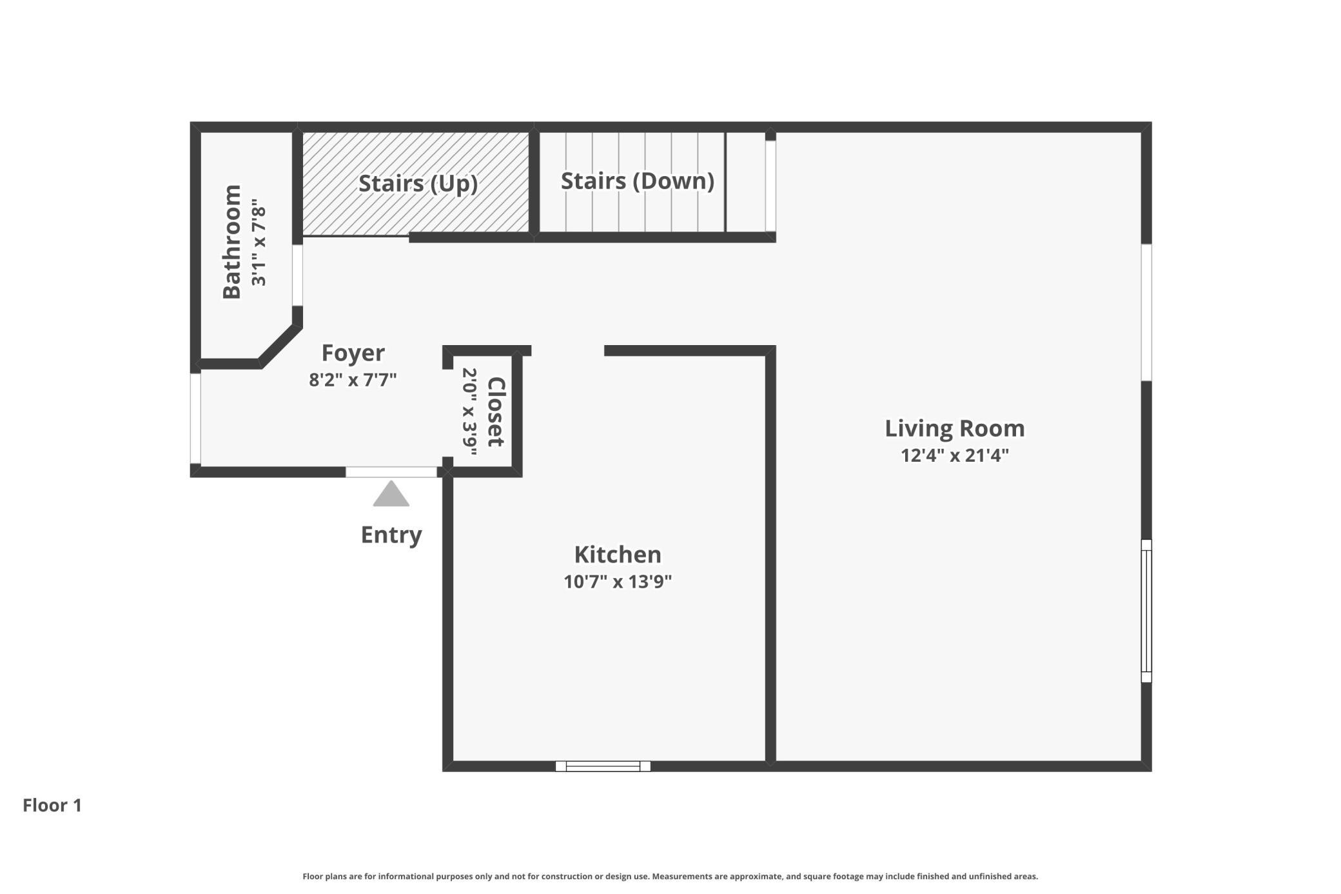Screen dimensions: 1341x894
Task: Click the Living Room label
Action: pos(954,428)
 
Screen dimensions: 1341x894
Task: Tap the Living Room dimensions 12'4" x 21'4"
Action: pos(954,455)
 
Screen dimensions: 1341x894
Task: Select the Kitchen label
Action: pos(618,555)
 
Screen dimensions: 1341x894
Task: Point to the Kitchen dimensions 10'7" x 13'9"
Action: pos(618,582)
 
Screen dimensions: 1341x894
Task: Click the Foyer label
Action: pos(353,353)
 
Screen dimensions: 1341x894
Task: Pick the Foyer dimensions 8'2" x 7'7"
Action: pos(353,379)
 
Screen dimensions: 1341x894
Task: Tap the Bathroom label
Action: pos(231,242)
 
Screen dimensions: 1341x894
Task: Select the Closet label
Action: pos(495,412)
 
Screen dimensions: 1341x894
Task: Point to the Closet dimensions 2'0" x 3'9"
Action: pos(469,412)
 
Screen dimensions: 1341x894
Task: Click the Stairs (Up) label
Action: pos(418,183)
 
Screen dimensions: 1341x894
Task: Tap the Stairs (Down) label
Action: pos(638,181)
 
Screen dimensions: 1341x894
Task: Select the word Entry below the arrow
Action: pos(391,535)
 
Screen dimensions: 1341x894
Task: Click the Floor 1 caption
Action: pos(52,805)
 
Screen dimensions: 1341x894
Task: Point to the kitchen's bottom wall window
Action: pos(603,766)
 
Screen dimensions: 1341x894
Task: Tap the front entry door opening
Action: pos(391,472)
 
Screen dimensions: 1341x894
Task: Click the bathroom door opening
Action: pos(297,275)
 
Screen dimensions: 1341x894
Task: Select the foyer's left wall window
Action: pos(195,419)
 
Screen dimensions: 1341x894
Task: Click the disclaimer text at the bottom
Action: pos(670,876)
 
